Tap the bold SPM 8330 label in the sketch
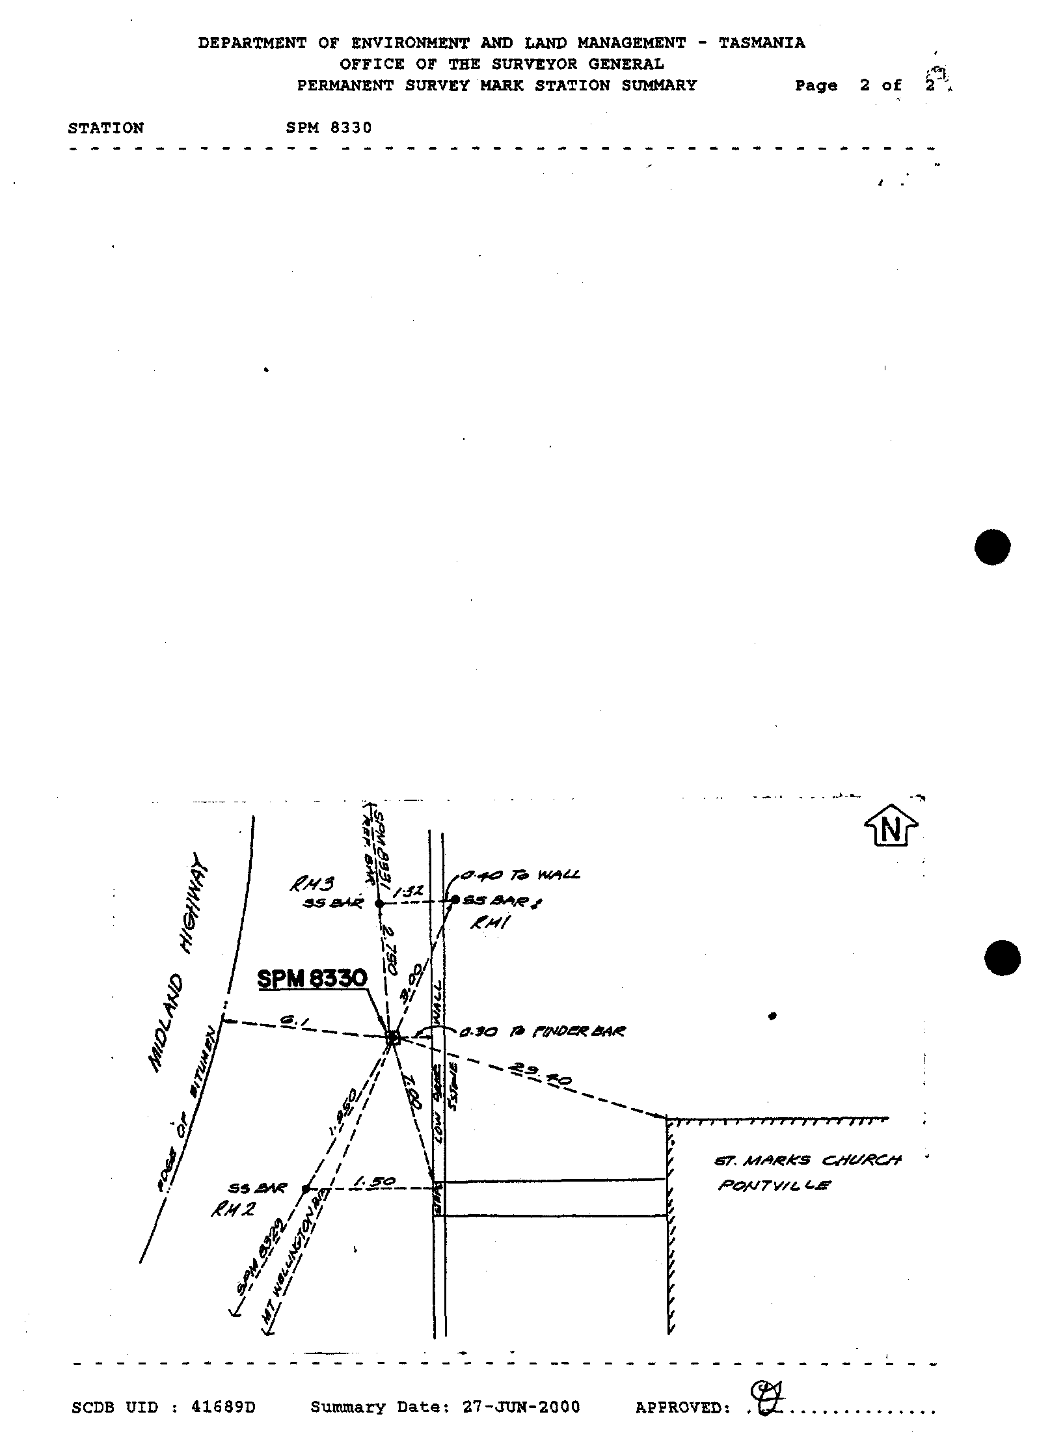click(312, 979)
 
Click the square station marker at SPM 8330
click(393, 1037)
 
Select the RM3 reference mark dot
click(379, 903)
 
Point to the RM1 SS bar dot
click(455, 899)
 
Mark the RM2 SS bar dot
click(305, 1189)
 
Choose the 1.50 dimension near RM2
click(373, 1181)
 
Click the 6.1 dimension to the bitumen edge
click(288, 1023)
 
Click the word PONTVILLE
click(774, 1186)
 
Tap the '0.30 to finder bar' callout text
click(542, 1032)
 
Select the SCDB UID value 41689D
click(223, 1407)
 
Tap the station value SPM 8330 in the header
click(329, 128)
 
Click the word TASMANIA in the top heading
click(761, 43)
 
